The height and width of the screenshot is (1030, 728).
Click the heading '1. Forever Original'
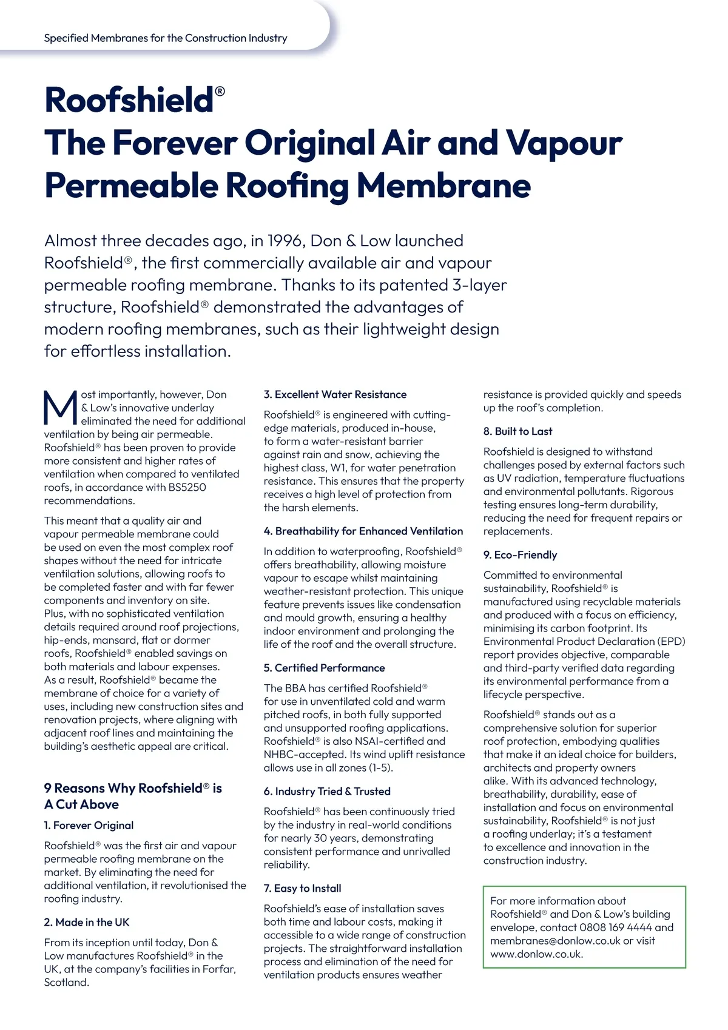tap(89, 825)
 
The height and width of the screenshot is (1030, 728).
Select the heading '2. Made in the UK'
tap(87, 922)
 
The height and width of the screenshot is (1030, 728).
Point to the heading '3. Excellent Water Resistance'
tap(335, 394)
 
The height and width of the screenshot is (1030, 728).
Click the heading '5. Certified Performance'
tap(324, 668)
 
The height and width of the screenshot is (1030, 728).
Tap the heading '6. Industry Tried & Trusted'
tap(327, 791)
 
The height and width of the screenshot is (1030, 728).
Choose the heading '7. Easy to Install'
tap(302, 888)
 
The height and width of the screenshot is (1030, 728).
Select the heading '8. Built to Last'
tap(517, 431)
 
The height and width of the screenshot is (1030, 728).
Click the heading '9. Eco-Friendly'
tap(520, 554)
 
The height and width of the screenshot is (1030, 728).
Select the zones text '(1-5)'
tap(380, 767)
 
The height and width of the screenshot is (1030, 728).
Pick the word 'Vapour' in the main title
tap(564, 143)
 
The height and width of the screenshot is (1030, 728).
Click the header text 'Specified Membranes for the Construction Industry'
tap(166, 38)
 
